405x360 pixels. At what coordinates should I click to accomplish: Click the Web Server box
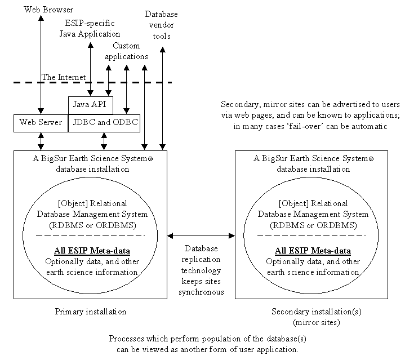[40, 123]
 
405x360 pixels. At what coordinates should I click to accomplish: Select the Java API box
[90, 105]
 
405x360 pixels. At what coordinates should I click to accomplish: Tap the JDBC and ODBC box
[104, 123]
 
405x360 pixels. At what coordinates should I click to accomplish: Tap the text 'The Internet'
[64, 77]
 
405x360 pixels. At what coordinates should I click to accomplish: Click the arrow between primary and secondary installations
[201, 236]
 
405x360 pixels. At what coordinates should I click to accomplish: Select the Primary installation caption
[90, 312]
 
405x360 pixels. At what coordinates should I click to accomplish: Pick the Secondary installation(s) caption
[306, 312]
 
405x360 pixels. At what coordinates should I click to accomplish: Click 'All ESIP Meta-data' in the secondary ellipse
[313, 251]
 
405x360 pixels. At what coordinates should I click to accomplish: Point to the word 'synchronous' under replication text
[201, 292]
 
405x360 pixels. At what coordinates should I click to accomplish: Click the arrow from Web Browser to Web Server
[41, 62]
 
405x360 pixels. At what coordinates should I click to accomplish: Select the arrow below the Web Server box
[41, 141]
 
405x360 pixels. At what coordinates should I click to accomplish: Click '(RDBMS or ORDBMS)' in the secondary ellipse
[313, 225]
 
